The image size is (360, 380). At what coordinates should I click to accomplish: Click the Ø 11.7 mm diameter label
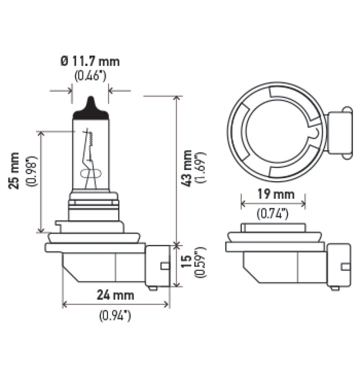(90, 62)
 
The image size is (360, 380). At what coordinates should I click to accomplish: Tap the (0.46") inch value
(90, 76)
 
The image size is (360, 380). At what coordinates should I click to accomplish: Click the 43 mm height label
(187, 168)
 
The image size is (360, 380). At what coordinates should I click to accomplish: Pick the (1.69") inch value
(201, 168)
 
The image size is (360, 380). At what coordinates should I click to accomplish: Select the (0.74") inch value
(273, 214)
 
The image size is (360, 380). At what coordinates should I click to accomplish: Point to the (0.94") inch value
(115, 316)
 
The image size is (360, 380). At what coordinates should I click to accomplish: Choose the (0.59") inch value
(201, 263)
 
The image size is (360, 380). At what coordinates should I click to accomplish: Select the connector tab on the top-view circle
(338, 133)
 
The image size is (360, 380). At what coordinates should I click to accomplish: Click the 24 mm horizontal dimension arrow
(115, 304)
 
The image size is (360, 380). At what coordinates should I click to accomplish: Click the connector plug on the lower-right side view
(338, 265)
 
